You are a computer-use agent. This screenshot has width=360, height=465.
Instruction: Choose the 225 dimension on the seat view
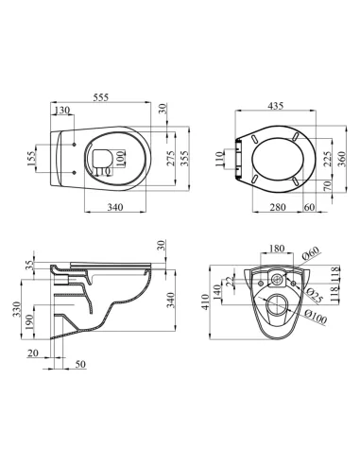[328, 159]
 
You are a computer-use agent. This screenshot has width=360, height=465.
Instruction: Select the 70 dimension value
[328, 188]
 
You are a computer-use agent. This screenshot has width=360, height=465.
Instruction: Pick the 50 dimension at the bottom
[80, 363]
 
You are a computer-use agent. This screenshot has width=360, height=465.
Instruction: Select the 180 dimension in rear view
[276, 250]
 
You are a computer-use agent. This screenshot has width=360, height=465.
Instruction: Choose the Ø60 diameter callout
[312, 254]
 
